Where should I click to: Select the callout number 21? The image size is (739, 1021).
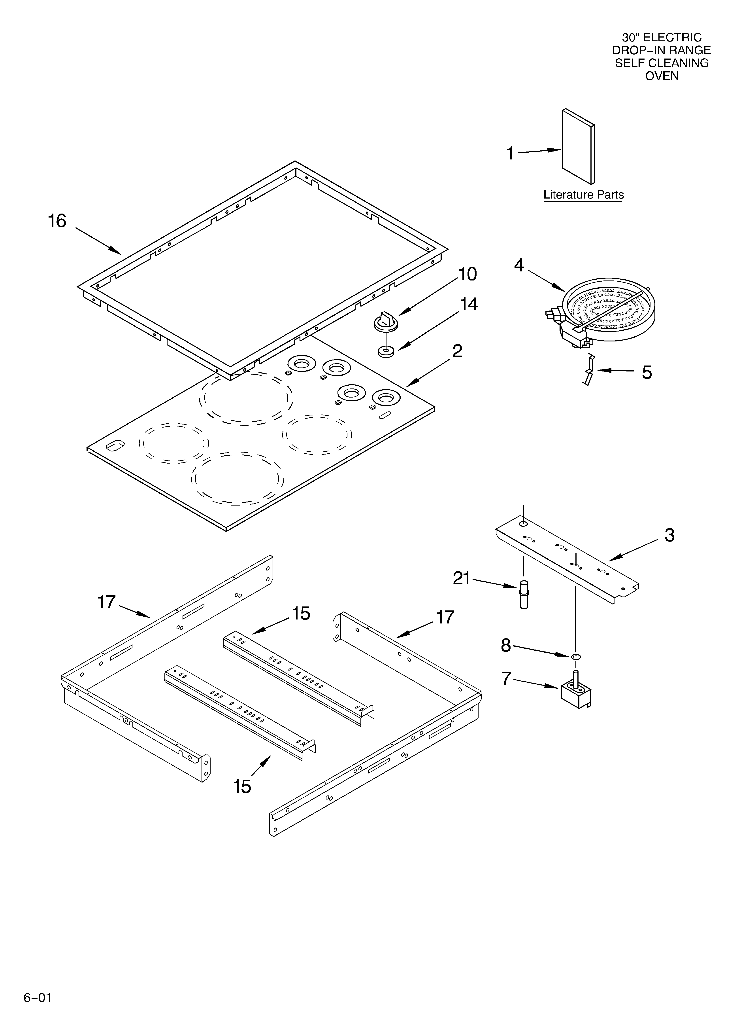click(461, 578)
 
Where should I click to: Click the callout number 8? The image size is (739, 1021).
click(506, 646)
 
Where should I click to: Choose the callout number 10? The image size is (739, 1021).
click(468, 274)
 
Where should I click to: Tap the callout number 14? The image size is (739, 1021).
click(469, 305)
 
